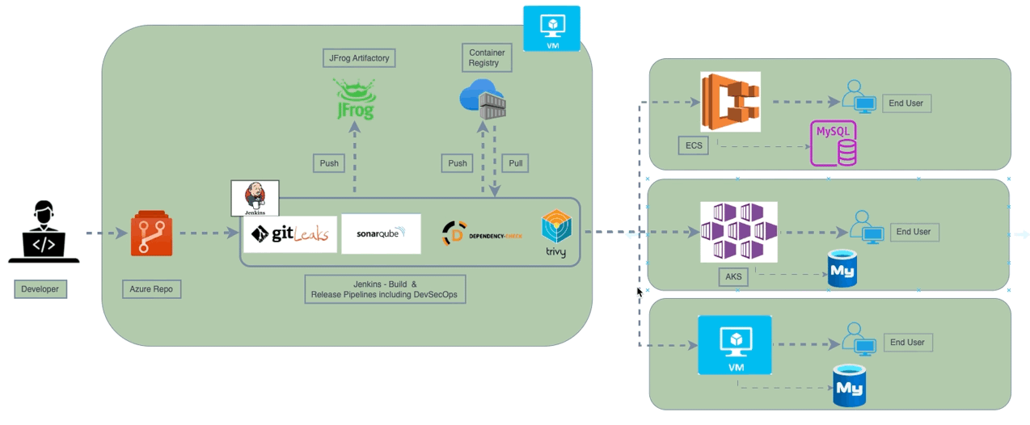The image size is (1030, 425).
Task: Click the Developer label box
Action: (x=40, y=288)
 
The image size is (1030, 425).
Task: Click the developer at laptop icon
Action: (x=44, y=233)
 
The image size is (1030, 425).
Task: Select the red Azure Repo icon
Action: (x=152, y=234)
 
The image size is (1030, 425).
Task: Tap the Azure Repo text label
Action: (x=151, y=288)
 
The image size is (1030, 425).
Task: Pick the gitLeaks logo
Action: (x=290, y=234)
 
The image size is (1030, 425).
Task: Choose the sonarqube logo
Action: (x=381, y=234)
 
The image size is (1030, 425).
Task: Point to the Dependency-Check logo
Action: (x=482, y=234)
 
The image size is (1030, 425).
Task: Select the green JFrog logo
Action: (x=355, y=99)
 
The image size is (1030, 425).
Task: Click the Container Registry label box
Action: (x=484, y=57)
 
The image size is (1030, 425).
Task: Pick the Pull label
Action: (x=515, y=163)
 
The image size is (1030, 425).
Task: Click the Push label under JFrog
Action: (x=329, y=163)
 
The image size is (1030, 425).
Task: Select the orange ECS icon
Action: (x=730, y=102)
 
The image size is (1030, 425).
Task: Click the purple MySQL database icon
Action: (x=834, y=143)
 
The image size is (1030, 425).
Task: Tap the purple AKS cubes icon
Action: (x=738, y=232)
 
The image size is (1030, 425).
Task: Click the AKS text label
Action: (x=733, y=277)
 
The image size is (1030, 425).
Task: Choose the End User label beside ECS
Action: (x=906, y=103)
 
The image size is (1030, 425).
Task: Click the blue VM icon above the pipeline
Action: (x=551, y=28)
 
